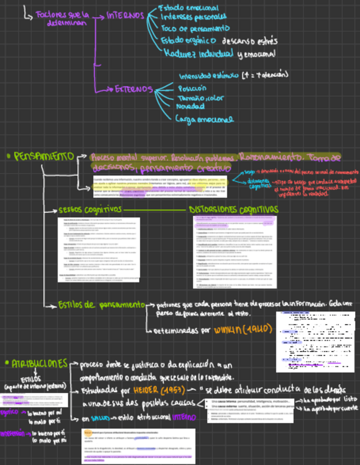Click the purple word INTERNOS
(x=126, y=16)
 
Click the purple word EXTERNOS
(x=133, y=89)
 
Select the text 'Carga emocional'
(x=204, y=118)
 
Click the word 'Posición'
(x=192, y=88)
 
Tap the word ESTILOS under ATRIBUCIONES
(x=30, y=378)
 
